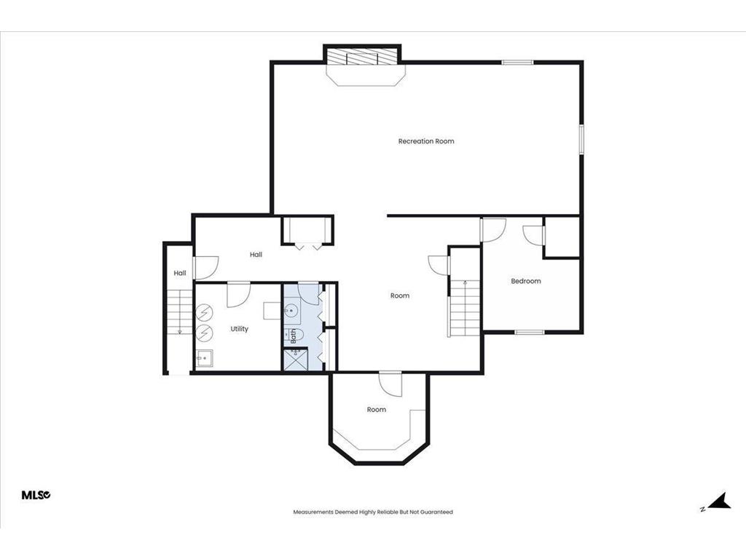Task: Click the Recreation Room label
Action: [425, 141]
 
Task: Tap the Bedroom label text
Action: [526, 281]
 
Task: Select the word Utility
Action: [239, 329]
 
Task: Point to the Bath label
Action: [293, 336]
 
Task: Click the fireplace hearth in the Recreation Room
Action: [366, 75]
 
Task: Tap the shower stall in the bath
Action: [296, 360]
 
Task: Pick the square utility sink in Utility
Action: [205, 358]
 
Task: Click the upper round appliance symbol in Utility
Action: [205, 313]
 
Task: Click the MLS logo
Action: [36, 495]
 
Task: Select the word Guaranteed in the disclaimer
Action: [438, 512]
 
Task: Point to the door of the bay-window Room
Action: [390, 384]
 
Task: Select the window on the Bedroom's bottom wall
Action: [530, 332]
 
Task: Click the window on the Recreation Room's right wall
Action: [581, 139]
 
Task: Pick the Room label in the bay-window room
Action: [377, 409]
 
